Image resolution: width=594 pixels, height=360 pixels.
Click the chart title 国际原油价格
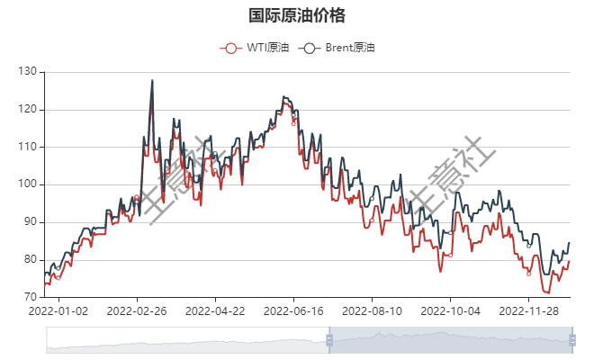[x=296, y=16]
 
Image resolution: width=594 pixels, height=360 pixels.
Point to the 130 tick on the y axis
[x=27, y=71]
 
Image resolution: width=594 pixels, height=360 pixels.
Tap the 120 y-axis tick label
[x=27, y=109]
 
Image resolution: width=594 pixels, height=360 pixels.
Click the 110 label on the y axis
[x=27, y=147]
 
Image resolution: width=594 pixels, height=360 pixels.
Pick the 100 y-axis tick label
[x=27, y=184]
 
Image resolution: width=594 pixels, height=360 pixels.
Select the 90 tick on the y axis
[x=30, y=222]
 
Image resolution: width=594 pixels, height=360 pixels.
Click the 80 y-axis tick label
[x=30, y=260]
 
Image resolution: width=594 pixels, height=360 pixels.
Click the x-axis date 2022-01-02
[x=58, y=311]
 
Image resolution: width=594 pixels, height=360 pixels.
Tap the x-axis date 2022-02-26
[x=137, y=311]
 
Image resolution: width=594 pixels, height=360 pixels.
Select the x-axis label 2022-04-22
[x=215, y=311]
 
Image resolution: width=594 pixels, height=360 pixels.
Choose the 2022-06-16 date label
[x=293, y=311]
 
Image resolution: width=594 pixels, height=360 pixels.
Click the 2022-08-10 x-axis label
[x=372, y=311]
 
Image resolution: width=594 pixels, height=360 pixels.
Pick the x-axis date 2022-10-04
[x=450, y=311]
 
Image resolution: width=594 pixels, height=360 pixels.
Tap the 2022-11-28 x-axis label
[x=528, y=311]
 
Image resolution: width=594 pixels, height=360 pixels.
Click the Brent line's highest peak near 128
[x=152, y=80]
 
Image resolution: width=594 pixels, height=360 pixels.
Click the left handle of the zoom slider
[x=328, y=340]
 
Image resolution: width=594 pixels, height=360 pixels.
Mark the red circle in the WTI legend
[x=231, y=48]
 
